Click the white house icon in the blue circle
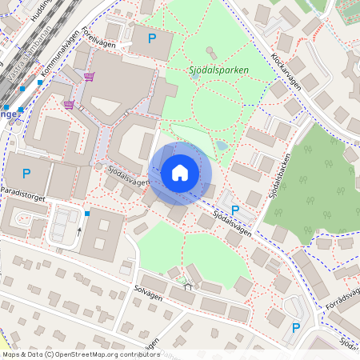180,173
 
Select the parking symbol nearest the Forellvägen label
151,38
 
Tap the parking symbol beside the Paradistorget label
26,173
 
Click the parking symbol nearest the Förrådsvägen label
296,328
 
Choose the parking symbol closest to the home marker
234,210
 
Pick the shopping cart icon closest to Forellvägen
89,77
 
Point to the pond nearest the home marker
220,146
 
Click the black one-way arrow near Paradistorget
79,231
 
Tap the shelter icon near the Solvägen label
187,279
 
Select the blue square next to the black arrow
87,213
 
